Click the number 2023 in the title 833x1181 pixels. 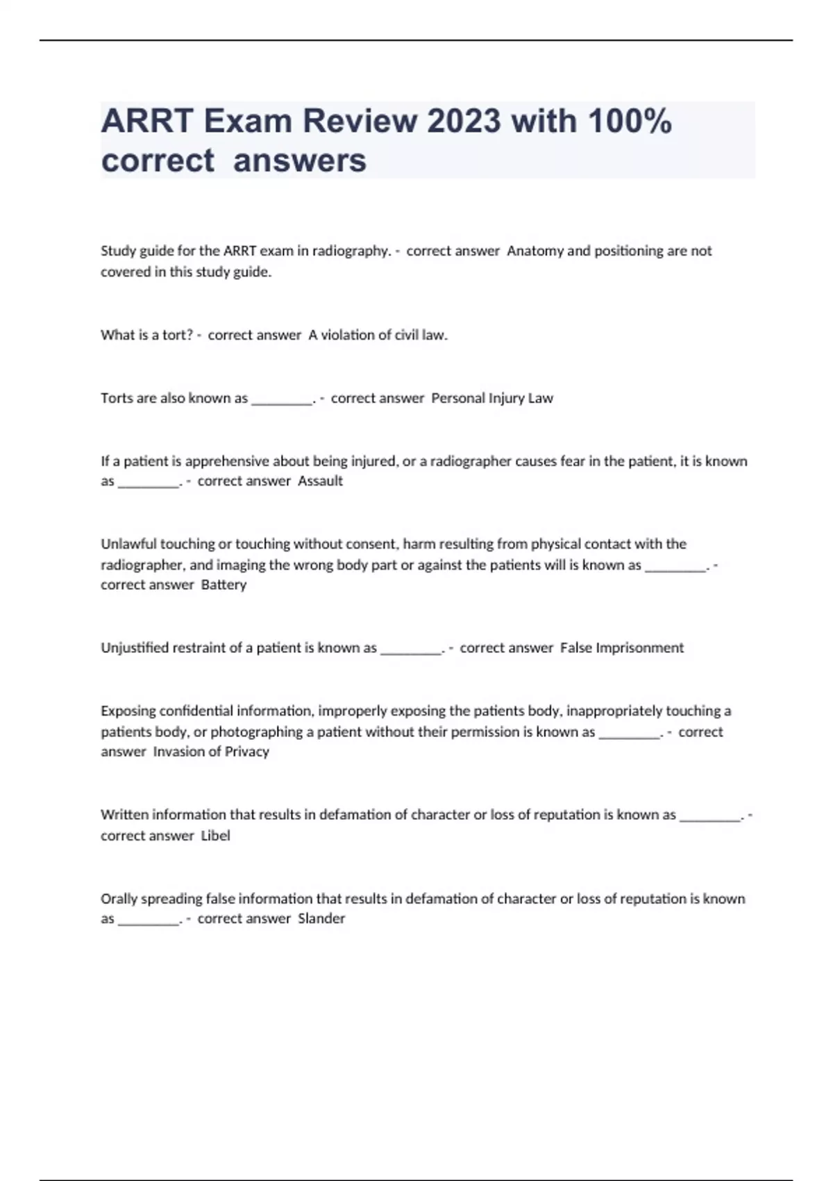click(x=463, y=122)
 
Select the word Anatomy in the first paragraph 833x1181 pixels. click(x=535, y=251)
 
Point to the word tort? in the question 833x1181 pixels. click(x=177, y=335)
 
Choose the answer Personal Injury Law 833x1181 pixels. click(x=492, y=398)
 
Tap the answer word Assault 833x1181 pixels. click(x=320, y=481)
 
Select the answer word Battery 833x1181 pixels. click(x=224, y=585)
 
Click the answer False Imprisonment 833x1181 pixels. click(x=621, y=647)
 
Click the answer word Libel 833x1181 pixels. click(x=215, y=836)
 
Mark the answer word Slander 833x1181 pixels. click(x=321, y=918)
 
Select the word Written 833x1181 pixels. click(x=124, y=814)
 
